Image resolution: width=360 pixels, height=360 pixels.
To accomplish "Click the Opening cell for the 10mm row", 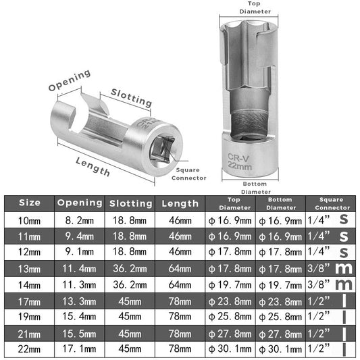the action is tap(80, 220).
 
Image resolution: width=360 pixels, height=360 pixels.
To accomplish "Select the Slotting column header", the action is tap(130, 203).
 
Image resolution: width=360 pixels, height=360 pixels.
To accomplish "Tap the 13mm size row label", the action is tap(30, 269).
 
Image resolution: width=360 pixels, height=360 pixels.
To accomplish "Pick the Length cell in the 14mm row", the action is tap(180, 285).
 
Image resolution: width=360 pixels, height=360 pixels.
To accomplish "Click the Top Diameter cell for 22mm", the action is tap(230, 349).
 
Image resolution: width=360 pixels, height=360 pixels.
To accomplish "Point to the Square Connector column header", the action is tap(332, 204).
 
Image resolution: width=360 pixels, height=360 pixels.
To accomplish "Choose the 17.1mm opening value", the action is tap(80, 349).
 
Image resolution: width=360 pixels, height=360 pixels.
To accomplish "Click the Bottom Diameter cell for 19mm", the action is tap(280, 317).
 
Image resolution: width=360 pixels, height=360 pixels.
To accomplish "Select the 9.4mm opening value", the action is tap(80, 236).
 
